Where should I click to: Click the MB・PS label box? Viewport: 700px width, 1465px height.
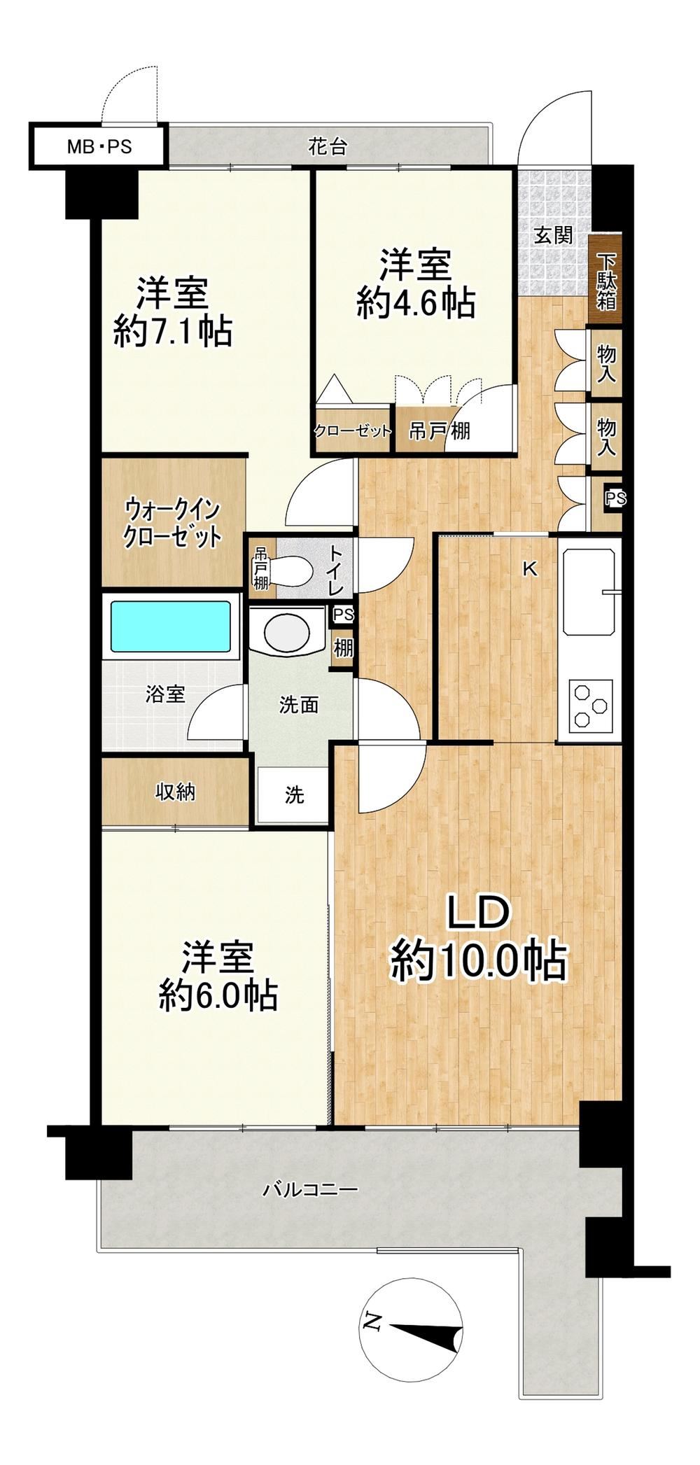(99, 147)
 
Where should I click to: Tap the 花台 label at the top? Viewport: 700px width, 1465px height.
(328, 147)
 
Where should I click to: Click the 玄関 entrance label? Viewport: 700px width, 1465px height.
(554, 234)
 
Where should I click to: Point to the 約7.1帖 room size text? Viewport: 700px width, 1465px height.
(173, 331)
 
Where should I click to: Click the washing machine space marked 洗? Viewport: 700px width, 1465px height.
(293, 795)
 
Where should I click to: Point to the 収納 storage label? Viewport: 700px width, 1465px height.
(175, 792)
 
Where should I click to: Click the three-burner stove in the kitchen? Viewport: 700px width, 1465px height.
(590, 706)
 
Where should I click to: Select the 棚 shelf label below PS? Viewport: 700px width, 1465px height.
(343, 647)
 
